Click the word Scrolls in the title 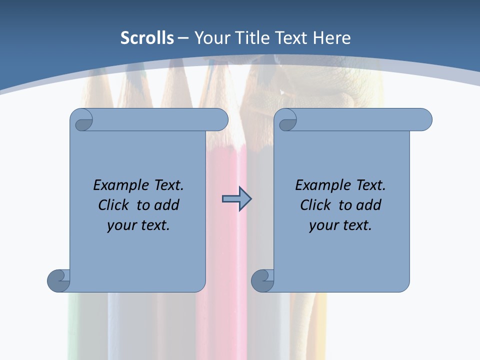(147, 38)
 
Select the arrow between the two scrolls (236, 199)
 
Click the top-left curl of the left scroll (82, 120)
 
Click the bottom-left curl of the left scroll (59, 280)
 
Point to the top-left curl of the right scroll (286, 120)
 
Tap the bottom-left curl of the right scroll (262, 280)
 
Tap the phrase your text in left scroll (138, 225)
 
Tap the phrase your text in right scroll (340, 225)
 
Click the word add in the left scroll (166, 205)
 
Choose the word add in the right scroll (368, 205)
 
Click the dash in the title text (183, 38)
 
